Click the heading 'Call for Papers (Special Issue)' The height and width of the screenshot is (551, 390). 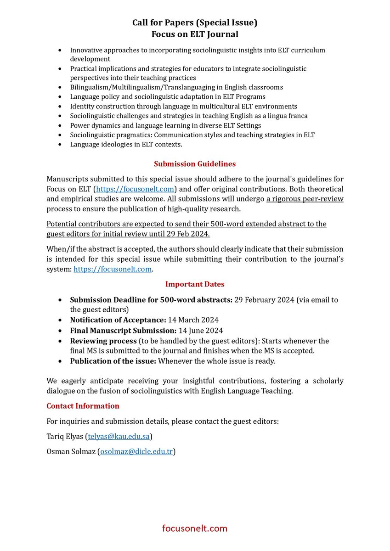point(195,22)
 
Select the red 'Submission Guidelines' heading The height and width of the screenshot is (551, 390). point(195,163)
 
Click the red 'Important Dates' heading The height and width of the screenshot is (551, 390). point(195,284)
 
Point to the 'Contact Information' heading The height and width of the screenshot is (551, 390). point(83,406)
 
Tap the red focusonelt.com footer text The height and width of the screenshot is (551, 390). point(195,528)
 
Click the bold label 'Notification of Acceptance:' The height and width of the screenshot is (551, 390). point(118,320)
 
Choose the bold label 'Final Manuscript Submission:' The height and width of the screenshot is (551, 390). point(123,331)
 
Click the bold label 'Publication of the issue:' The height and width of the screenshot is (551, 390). point(113,361)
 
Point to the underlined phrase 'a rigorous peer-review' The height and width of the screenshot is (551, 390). point(305,199)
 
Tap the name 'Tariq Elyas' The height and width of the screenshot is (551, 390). point(65,436)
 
